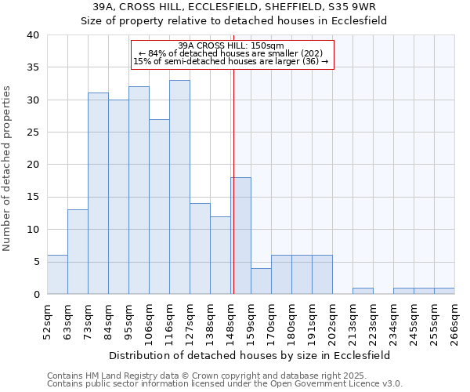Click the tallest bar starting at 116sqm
[x=179, y=187]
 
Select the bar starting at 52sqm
[x=57, y=274]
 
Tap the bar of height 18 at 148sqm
[x=241, y=235]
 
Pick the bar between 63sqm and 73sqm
[x=78, y=252]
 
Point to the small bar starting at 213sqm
[x=363, y=291]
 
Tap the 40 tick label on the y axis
[x=32, y=35]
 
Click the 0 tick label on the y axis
[x=35, y=294]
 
